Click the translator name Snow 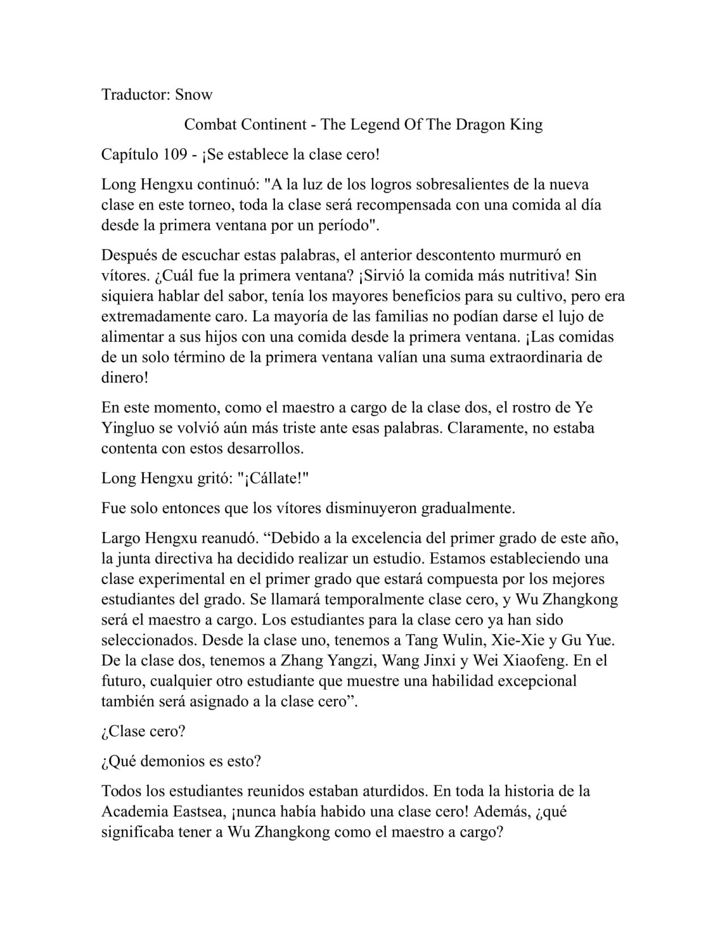(194, 94)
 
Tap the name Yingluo (125, 427)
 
